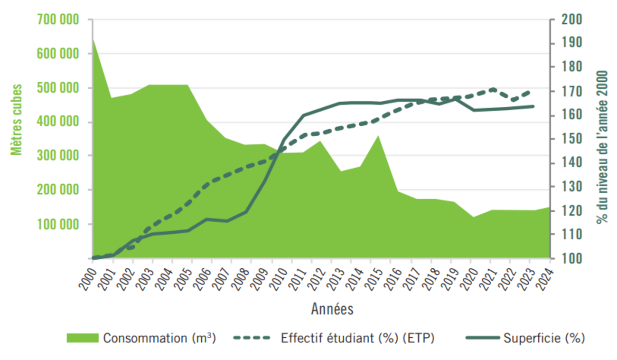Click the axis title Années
coord(332,309)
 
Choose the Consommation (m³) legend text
coord(159,338)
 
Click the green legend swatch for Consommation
coord(82,338)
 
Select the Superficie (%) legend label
coord(544,338)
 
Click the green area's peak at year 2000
coord(93,39)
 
